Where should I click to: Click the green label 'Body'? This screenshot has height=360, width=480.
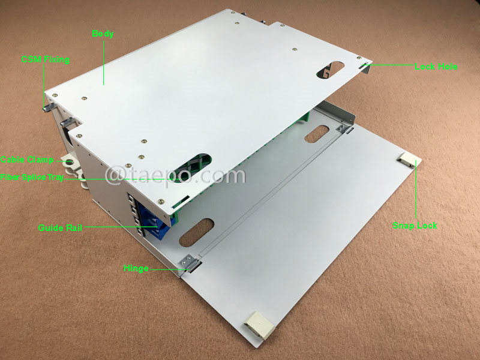[103, 34]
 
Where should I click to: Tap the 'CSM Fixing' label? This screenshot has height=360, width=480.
[45, 59]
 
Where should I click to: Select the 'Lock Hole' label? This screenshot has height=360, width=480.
[436, 67]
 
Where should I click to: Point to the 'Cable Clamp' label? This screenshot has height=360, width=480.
[27, 160]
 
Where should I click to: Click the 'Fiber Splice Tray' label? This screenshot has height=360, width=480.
[35, 177]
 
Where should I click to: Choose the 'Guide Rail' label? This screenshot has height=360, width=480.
[59, 227]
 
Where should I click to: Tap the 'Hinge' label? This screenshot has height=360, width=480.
[136, 268]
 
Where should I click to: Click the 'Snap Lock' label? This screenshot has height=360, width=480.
[415, 226]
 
